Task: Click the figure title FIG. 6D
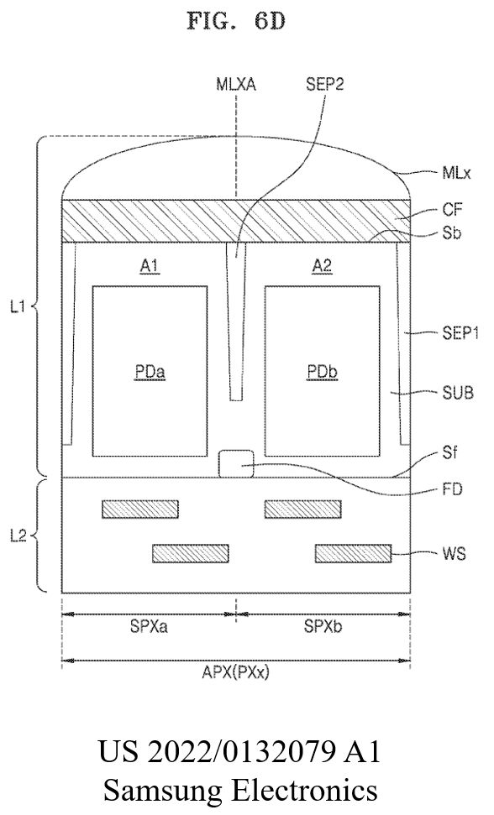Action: coord(235,22)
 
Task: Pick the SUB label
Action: coord(457,392)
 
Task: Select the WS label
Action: coord(455,553)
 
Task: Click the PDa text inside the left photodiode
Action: coord(150,372)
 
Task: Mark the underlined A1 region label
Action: coord(150,266)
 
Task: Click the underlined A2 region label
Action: coord(322,266)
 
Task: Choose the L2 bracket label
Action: coord(18,535)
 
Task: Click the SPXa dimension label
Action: coord(149,628)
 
